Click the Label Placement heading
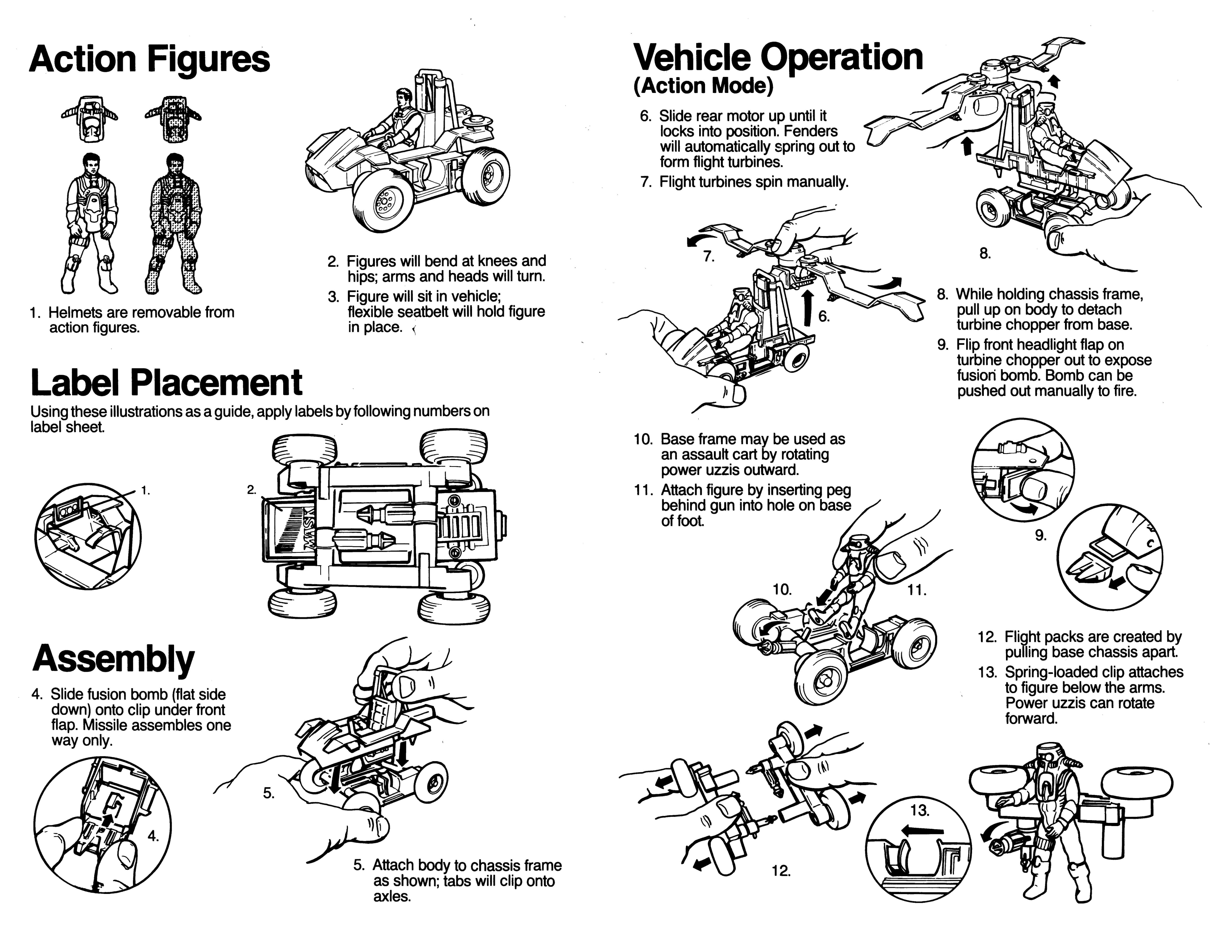(x=166, y=383)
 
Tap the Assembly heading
(x=114, y=659)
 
